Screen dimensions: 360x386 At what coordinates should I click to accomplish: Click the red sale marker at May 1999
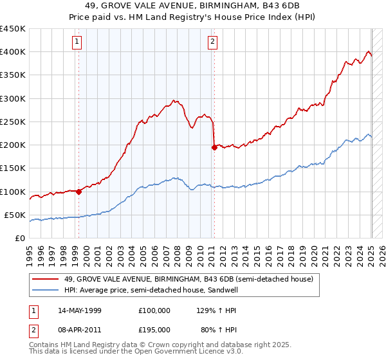click(78, 191)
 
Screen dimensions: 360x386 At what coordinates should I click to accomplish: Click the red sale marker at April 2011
click(214, 147)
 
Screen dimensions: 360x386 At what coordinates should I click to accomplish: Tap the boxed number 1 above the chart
click(77, 43)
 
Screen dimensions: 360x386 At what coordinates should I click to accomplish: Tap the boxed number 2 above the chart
click(212, 43)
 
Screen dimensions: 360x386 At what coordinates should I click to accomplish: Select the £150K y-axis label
click(12, 168)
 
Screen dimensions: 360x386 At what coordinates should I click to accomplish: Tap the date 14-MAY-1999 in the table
click(80, 310)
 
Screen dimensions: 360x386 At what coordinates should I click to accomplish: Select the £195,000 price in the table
click(154, 330)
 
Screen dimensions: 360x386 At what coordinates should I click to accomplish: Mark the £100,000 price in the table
click(154, 310)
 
